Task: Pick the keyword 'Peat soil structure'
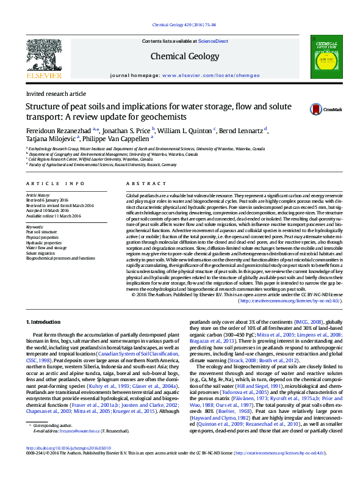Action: click(41, 232)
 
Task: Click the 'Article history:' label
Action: click(38, 195)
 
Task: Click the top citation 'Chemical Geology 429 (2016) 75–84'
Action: click(182, 25)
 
